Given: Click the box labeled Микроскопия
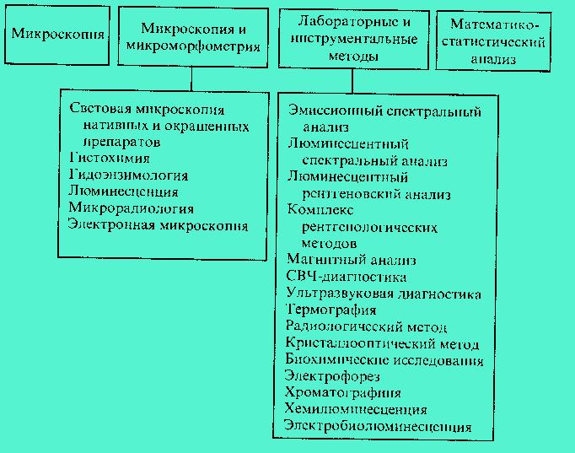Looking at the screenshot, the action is [57, 35].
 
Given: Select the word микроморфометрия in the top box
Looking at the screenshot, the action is [193, 46].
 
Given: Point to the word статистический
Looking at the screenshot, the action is [493, 42].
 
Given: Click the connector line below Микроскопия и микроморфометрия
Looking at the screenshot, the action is [191, 78].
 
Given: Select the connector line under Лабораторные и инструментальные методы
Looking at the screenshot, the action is [352, 81].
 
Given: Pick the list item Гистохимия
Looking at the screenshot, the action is [110, 159].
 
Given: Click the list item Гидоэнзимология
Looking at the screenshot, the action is [128, 175].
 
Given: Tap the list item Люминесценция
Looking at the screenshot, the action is [123, 191].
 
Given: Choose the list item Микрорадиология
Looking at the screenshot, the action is [131, 208].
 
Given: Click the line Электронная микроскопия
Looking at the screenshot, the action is [158, 225].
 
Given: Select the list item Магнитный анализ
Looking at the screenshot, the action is [352, 260].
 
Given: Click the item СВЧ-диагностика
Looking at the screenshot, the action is [347, 277].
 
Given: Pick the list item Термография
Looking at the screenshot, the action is [330, 310].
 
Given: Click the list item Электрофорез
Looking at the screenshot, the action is [332, 376].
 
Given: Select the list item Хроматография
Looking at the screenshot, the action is [343, 393].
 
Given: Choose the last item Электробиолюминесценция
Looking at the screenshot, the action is [378, 426].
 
